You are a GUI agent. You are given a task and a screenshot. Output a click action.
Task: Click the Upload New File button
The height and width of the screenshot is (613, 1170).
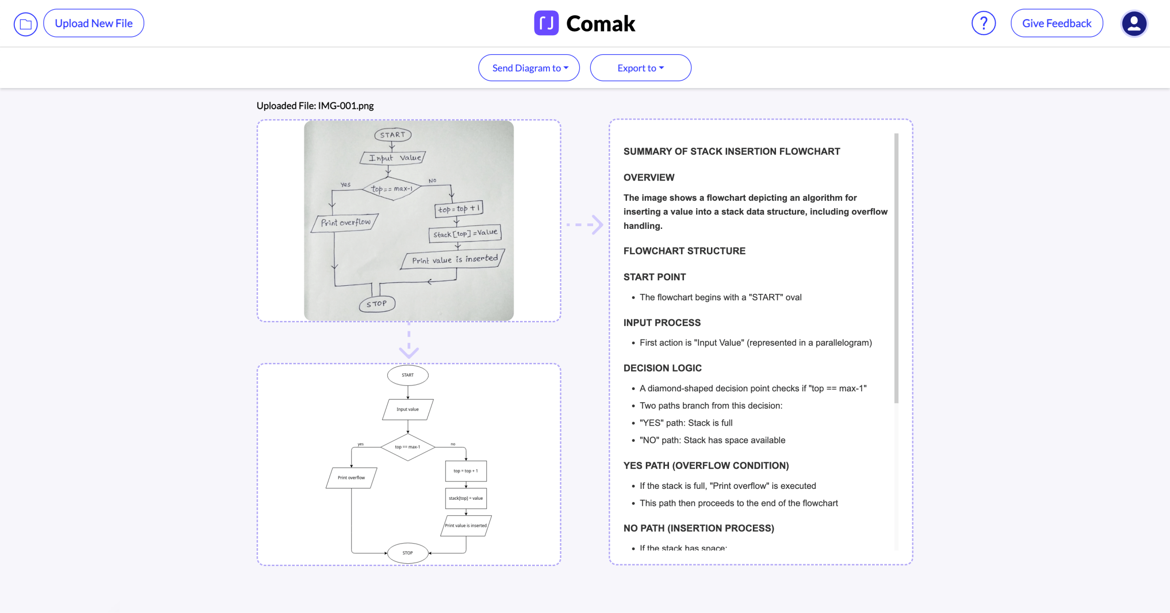click(93, 23)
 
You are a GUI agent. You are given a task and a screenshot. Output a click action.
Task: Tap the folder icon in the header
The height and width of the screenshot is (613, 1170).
click(25, 24)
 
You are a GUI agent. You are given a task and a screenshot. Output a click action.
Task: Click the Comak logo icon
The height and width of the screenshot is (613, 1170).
click(546, 23)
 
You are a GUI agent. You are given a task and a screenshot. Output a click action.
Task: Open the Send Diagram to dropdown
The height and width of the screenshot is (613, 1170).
click(529, 68)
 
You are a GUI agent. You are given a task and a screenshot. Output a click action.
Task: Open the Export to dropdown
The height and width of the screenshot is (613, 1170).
click(640, 68)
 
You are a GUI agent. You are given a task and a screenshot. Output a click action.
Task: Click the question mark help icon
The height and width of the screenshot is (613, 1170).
click(983, 23)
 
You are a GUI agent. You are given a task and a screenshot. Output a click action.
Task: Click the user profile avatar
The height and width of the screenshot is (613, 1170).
click(1134, 23)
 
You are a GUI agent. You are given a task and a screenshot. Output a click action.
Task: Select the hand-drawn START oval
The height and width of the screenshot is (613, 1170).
click(393, 135)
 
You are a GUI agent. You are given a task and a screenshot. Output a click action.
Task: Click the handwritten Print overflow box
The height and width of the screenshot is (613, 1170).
click(345, 223)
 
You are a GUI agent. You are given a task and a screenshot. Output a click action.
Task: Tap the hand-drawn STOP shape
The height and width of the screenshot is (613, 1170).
click(376, 304)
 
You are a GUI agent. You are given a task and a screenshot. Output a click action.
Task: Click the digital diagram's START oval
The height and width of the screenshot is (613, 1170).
click(408, 375)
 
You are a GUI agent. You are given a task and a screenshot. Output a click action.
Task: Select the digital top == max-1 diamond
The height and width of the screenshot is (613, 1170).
click(408, 447)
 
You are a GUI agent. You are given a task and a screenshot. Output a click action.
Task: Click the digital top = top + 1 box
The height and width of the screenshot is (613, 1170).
click(465, 471)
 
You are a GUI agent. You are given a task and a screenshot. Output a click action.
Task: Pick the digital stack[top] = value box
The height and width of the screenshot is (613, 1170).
click(465, 498)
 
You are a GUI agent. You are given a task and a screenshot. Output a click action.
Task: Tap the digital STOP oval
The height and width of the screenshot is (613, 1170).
click(408, 553)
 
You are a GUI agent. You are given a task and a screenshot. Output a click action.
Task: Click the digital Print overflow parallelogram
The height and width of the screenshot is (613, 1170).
click(351, 478)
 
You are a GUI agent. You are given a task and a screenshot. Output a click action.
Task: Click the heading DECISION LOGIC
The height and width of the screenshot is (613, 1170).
click(662, 368)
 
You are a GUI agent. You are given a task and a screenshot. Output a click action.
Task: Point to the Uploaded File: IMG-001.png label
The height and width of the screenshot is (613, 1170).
click(315, 106)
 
